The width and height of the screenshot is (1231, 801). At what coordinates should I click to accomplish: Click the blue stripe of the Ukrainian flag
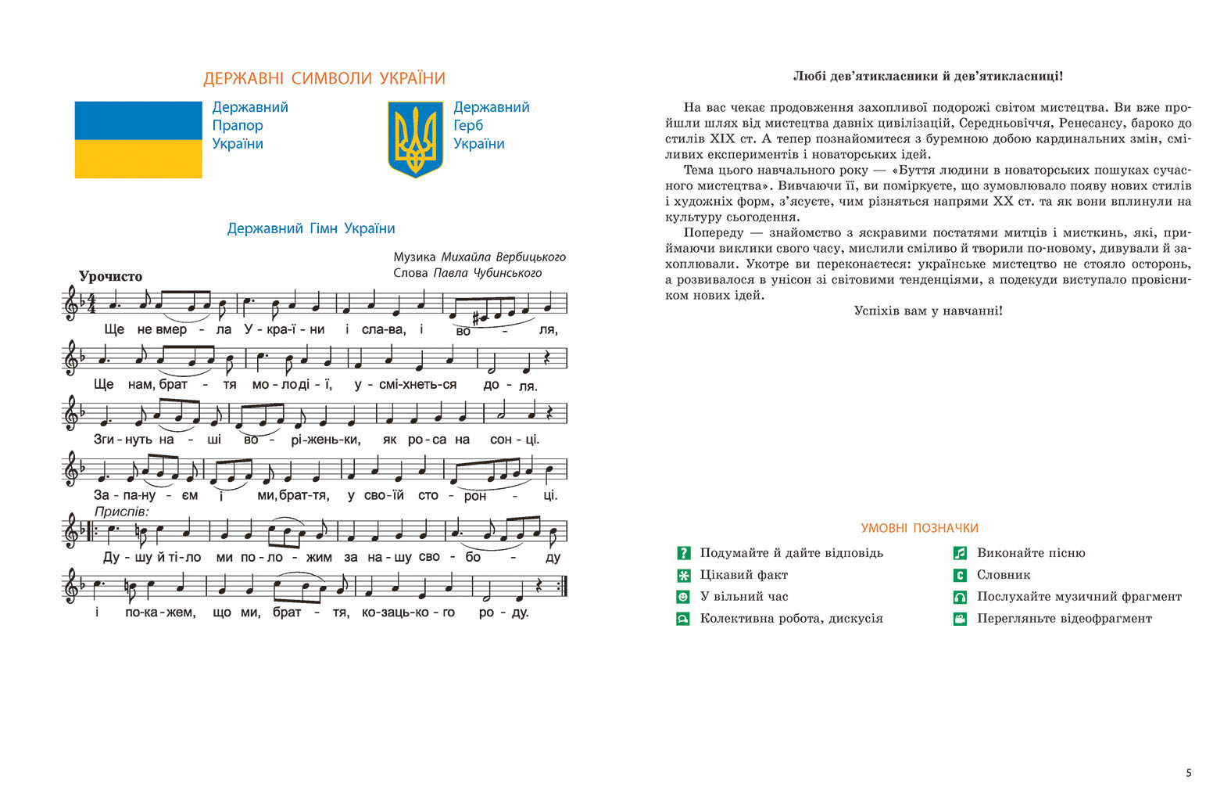click(138, 120)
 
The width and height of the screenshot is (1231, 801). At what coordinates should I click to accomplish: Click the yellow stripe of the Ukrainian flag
click(138, 159)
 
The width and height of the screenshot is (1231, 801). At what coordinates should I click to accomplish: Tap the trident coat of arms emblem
click(415, 139)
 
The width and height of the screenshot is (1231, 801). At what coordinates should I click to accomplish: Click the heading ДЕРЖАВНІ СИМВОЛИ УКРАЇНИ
click(324, 79)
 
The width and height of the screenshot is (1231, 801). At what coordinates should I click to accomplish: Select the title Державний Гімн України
click(311, 228)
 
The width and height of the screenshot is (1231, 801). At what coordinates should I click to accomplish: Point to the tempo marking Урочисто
click(110, 276)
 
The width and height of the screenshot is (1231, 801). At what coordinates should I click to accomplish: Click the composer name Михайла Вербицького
click(503, 257)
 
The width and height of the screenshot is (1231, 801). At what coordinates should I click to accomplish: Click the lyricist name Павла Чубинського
click(488, 273)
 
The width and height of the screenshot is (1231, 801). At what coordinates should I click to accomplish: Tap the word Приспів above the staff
click(121, 512)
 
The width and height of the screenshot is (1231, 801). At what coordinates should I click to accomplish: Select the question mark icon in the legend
click(683, 553)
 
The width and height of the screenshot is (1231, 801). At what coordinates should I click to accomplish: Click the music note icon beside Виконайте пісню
click(960, 553)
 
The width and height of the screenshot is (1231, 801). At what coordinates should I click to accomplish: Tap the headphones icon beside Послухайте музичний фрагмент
click(960, 597)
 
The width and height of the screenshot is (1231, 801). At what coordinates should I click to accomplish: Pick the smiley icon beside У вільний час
click(683, 597)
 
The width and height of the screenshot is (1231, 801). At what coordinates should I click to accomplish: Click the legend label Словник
click(1004, 575)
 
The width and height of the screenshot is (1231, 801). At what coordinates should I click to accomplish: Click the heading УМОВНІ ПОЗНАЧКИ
click(919, 528)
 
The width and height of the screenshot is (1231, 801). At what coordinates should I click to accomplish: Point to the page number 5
click(1189, 773)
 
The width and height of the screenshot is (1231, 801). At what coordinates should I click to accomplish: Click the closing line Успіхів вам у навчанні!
click(928, 311)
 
